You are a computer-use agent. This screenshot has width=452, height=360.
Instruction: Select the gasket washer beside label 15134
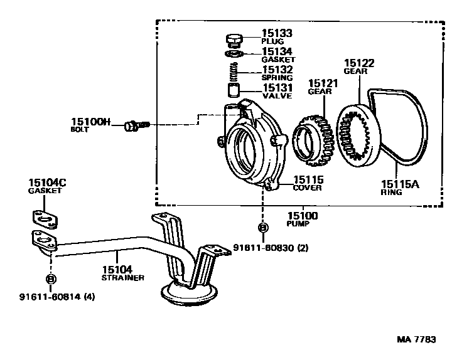[234, 53]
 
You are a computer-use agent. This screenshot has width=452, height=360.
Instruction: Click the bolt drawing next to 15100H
[134, 126]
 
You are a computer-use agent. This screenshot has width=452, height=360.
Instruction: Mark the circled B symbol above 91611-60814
[50, 278]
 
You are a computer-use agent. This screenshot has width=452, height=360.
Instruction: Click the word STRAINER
[124, 277]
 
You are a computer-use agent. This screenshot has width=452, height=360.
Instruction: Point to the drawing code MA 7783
[416, 339]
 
